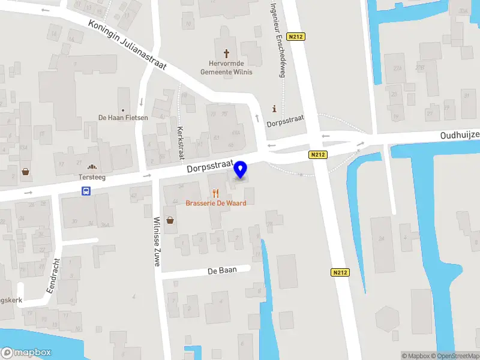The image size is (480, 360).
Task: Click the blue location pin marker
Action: point(241,170)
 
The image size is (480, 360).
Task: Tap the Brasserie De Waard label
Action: point(215,203)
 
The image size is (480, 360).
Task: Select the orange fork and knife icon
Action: point(215,193)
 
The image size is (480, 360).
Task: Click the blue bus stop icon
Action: point(86,191)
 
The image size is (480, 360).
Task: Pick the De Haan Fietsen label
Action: point(123,118)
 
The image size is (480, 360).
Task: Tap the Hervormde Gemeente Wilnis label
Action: point(227,68)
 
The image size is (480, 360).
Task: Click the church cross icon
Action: point(227,53)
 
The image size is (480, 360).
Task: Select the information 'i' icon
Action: point(275,109)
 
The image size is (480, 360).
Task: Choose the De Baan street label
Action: point(221,271)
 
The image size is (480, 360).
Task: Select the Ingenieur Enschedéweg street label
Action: point(277,39)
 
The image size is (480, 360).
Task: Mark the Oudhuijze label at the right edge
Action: point(460,135)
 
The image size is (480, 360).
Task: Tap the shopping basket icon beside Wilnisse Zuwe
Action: point(170,220)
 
